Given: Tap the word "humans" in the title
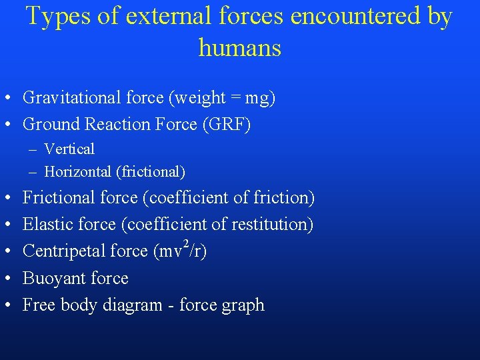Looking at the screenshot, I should point(239,47).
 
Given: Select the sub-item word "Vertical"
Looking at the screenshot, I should point(69,149).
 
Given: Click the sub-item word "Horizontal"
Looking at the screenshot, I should point(77,171).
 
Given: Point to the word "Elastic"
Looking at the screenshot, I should point(47,225).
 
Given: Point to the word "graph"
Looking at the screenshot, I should point(245,305).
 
